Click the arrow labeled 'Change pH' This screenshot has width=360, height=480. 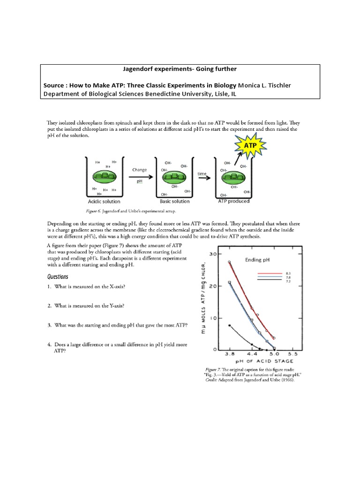139,176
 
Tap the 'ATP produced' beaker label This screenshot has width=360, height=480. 234,201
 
